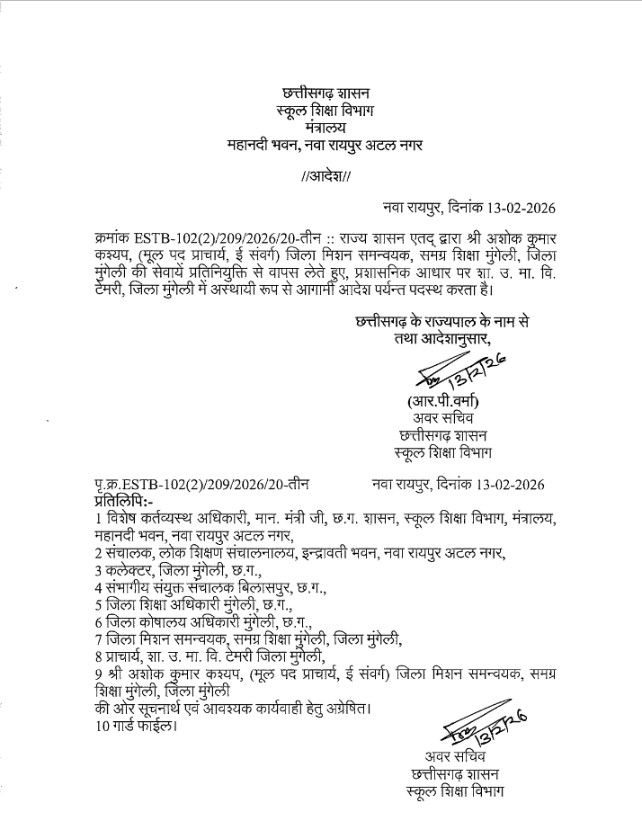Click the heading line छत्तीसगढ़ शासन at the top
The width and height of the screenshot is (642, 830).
click(x=325, y=93)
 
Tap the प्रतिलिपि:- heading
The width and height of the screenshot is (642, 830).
click(x=123, y=499)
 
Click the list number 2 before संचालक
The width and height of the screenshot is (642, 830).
click(x=97, y=552)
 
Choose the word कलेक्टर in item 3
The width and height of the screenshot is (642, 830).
click(x=130, y=570)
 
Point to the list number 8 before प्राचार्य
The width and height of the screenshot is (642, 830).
click(x=97, y=657)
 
